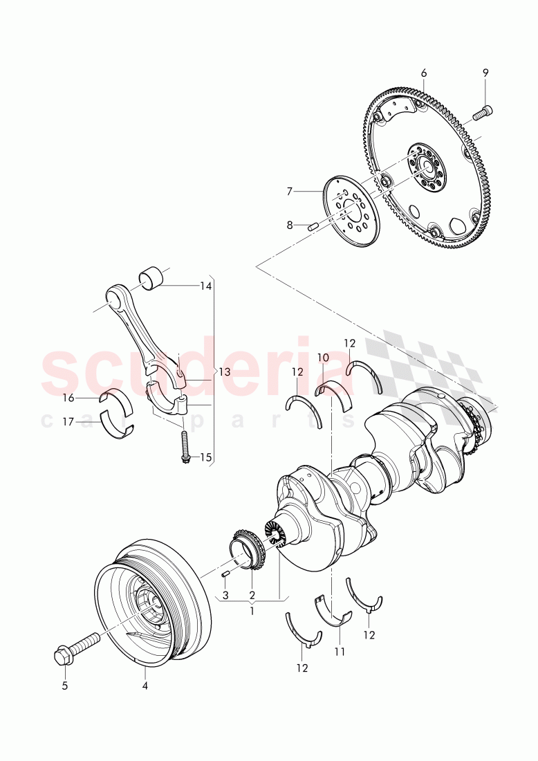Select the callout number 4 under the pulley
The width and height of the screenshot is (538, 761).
coord(145,686)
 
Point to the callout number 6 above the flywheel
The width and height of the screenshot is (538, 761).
coord(424,73)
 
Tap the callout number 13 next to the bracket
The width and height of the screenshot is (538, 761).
coord(224,372)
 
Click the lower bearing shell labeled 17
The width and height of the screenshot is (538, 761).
coord(116,424)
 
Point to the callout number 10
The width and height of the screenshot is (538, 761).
coord(323,357)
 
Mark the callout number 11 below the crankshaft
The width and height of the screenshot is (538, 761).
coord(339,651)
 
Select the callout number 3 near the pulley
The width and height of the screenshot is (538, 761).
coord(225,594)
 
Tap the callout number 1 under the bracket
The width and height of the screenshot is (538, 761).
coord(252,611)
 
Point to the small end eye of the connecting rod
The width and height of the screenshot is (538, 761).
coord(114,300)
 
